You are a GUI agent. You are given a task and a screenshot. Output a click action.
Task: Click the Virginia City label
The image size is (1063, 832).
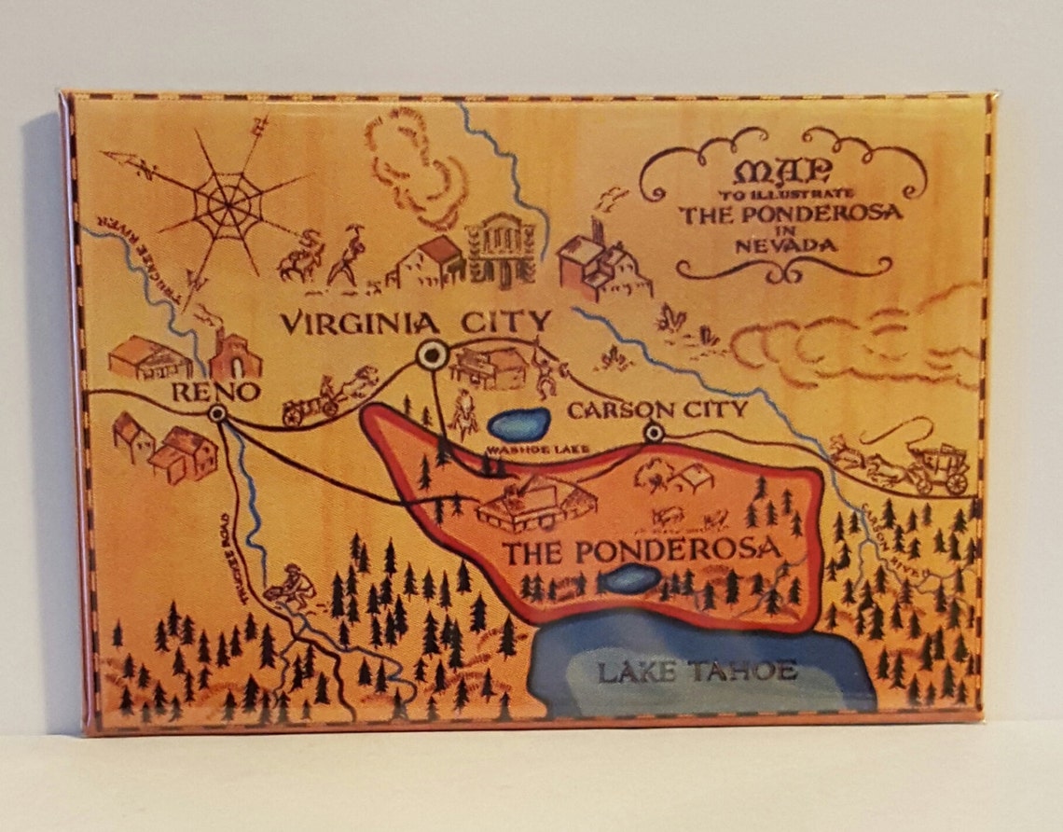416,323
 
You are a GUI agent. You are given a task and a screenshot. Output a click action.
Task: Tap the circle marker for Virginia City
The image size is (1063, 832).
432,354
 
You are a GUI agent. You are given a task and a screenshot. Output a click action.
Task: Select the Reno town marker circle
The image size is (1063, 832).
218,413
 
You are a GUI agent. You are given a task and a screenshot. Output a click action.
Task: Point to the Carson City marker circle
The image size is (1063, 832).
654,432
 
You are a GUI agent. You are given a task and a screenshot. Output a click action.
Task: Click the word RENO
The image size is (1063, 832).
215,392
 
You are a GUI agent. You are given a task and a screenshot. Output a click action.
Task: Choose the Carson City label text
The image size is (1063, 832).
656,409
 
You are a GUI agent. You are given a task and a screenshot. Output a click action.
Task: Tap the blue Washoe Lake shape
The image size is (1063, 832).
518,424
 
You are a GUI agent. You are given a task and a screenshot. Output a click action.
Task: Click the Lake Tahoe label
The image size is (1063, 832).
697,670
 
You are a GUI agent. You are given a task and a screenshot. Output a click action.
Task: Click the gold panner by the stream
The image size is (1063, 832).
288,584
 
